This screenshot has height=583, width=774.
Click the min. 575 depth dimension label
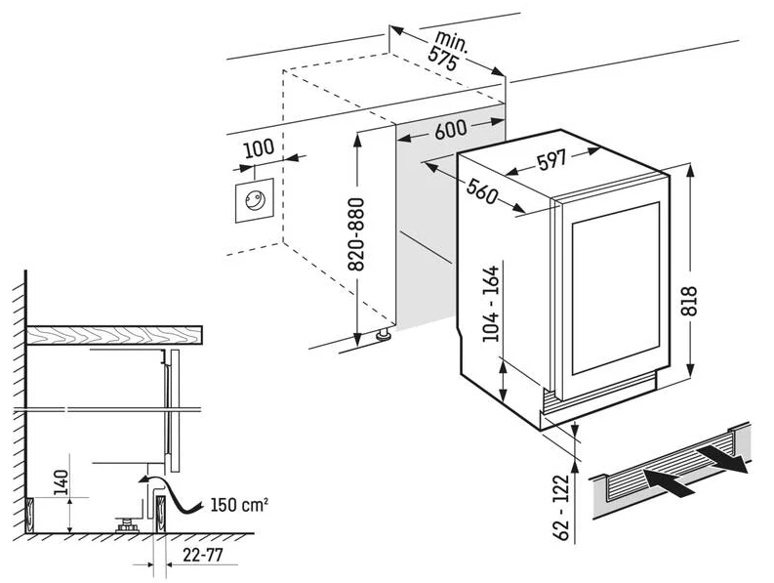pos(452,50)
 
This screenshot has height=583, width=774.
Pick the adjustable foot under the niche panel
pos(382,335)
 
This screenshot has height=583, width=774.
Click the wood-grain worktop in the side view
pos(117,334)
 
